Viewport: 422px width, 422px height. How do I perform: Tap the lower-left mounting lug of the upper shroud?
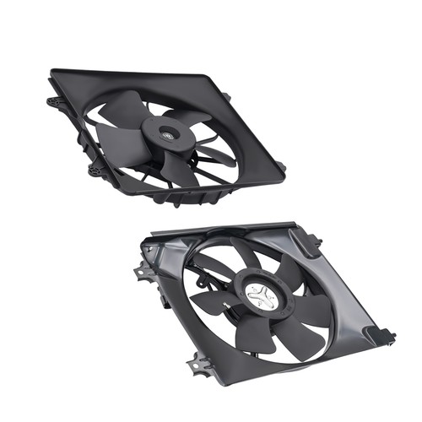pyautogui.click(x=95, y=168)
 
